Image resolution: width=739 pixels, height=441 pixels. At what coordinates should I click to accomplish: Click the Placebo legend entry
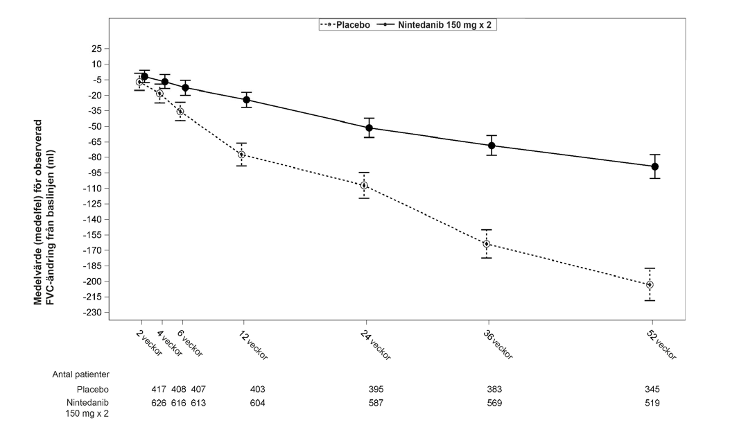click(x=345, y=24)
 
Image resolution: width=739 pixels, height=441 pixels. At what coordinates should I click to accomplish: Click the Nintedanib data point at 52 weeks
click(x=654, y=166)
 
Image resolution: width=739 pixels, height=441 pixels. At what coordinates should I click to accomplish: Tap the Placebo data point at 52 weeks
click(x=650, y=284)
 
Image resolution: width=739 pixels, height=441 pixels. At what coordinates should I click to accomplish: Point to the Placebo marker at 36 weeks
click(x=487, y=243)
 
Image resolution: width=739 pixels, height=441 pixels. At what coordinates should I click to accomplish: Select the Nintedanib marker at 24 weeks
click(x=369, y=128)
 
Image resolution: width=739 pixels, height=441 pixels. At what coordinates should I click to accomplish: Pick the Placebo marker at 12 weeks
click(x=241, y=155)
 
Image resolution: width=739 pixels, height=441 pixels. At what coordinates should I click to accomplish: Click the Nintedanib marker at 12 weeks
click(x=247, y=99)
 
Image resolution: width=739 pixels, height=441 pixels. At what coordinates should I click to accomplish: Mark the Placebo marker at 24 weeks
click(x=364, y=185)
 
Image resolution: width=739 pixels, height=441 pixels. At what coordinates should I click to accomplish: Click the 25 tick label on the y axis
click(x=96, y=49)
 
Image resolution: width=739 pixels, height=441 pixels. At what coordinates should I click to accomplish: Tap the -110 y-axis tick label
click(x=93, y=189)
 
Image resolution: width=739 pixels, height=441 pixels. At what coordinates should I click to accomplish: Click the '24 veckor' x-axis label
click(x=376, y=345)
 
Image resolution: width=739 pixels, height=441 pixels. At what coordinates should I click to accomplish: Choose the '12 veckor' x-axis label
click(x=253, y=345)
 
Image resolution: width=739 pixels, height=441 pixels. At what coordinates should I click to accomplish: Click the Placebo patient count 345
click(x=652, y=389)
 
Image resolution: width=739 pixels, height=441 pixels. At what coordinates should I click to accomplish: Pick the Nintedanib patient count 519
click(x=652, y=403)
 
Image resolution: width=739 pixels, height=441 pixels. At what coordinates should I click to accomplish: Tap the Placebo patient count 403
click(x=258, y=389)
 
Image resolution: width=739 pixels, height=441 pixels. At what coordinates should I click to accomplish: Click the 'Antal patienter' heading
click(x=80, y=374)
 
